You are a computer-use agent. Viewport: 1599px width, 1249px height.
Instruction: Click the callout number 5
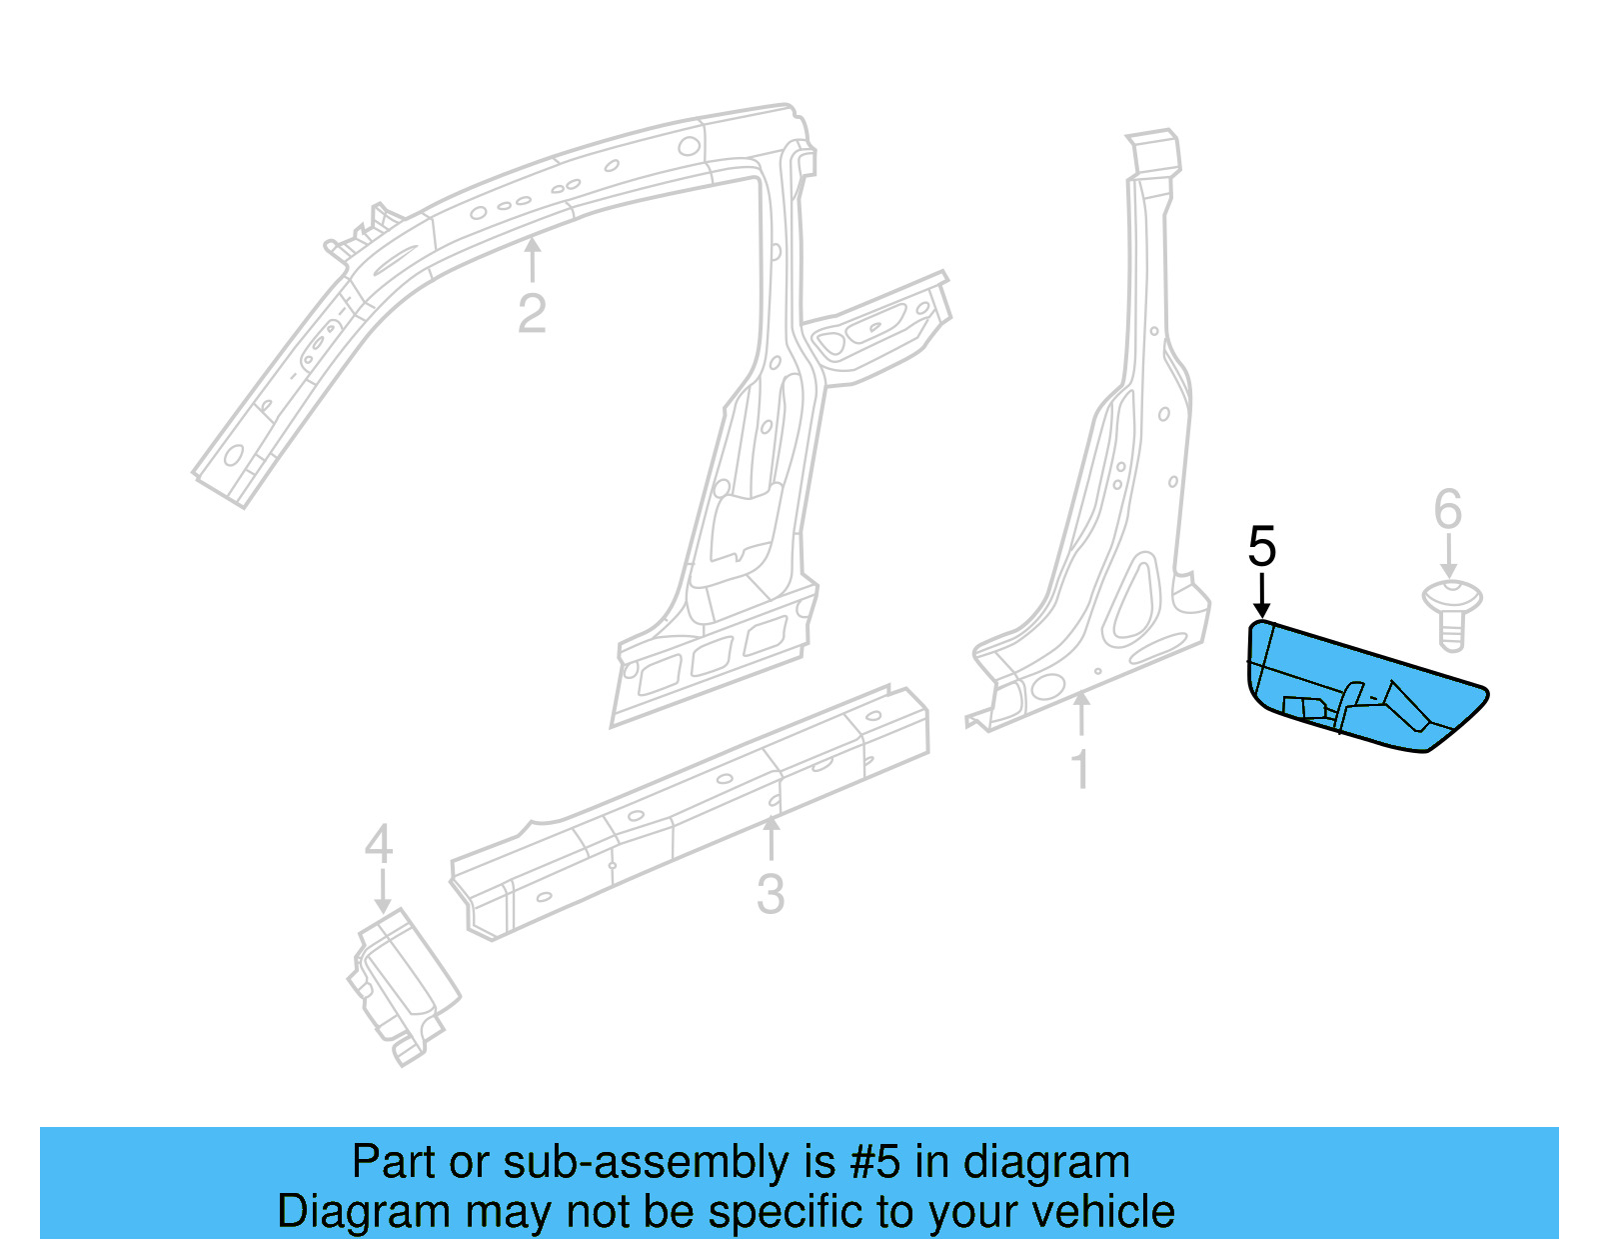(1262, 547)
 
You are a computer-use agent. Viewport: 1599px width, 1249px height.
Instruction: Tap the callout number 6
(1448, 509)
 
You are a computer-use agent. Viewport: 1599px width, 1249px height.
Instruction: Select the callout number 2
(532, 313)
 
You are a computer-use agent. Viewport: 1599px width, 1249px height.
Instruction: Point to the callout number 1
(1080, 769)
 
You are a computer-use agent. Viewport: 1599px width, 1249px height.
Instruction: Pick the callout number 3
(771, 893)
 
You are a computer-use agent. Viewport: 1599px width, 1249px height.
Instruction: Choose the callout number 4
(379, 845)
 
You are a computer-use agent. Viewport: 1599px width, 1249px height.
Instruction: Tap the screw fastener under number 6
(1452, 611)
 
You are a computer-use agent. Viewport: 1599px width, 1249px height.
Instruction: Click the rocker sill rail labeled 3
(690, 810)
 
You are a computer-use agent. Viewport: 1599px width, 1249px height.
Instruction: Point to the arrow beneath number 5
(1262, 594)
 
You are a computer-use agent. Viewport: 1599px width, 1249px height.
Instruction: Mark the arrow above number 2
(533, 258)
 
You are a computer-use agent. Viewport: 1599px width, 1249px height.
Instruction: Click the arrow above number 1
(1080, 716)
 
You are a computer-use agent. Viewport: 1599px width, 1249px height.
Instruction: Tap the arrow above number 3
(771, 838)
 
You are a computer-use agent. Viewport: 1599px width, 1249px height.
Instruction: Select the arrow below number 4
(381, 890)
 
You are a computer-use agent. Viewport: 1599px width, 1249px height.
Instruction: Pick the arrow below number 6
(1449, 556)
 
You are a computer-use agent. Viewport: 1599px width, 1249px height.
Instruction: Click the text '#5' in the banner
(875, 1162)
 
